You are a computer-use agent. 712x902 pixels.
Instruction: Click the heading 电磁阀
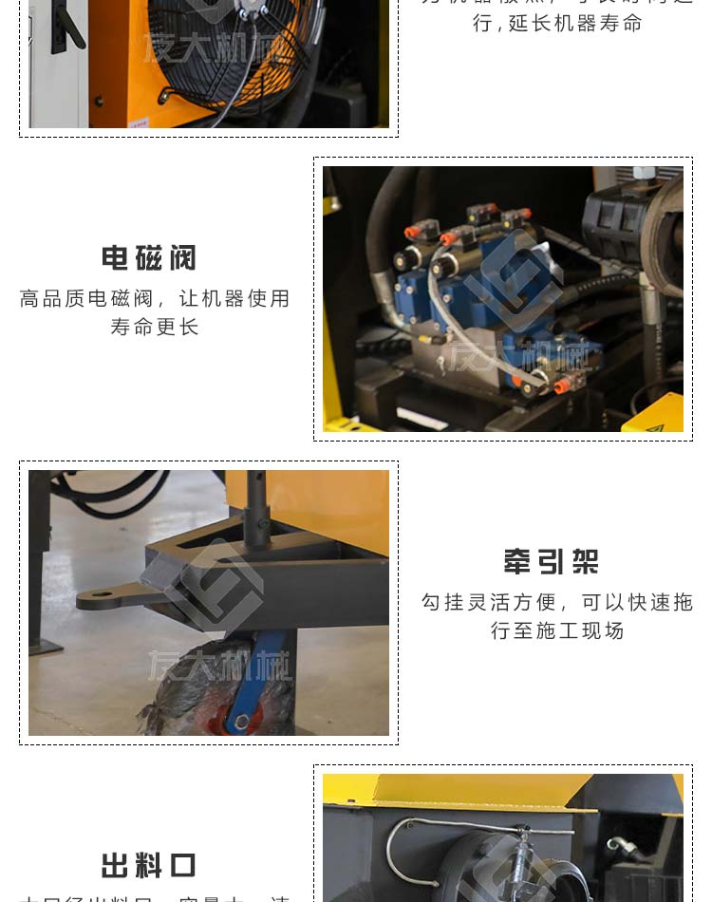[149, 258]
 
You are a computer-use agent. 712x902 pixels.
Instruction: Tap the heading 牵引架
[552, 562]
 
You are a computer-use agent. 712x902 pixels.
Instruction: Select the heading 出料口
[149, 866]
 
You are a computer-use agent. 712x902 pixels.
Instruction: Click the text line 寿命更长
[155, 328]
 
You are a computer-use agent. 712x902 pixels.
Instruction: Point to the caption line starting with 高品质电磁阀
[155, 299]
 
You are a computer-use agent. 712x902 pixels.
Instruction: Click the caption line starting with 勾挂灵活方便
[557, 603]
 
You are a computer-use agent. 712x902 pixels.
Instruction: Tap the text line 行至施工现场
[557, 631]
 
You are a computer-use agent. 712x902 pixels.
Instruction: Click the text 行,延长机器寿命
[557, 23]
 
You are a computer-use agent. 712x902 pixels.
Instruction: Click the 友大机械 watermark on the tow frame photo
[218, 665]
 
